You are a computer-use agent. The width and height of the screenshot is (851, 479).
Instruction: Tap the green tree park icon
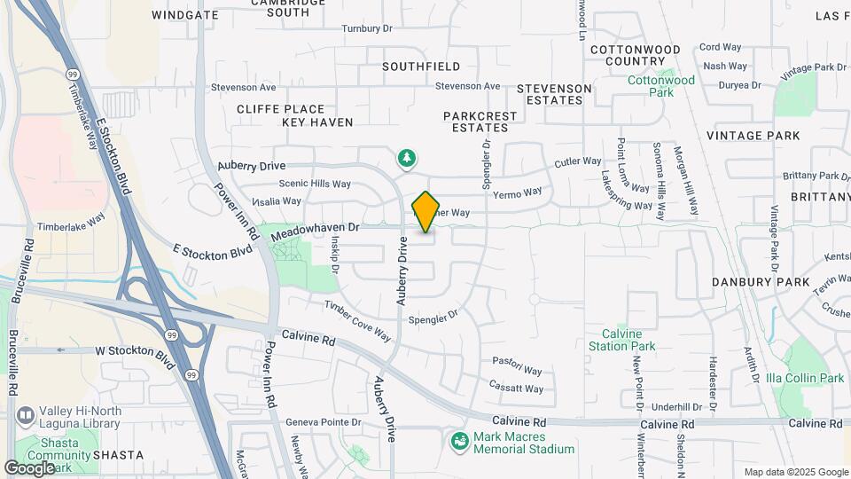click(406, 158)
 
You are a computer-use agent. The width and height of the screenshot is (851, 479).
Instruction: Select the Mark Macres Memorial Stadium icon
click(459, 440)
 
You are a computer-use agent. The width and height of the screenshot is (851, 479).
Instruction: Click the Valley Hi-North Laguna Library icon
click(26, 414)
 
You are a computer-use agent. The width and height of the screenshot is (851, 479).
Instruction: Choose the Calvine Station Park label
click(622, 340)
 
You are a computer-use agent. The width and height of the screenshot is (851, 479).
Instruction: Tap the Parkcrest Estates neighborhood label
click(476, 122)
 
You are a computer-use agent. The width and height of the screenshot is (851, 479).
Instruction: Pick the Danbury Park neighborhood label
click(761, 282)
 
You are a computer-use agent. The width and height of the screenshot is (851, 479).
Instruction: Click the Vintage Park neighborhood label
click(753, 136)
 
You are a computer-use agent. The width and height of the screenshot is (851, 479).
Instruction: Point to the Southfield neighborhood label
click(421, 67)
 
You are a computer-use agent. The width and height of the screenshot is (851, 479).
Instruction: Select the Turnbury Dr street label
click(367, 28)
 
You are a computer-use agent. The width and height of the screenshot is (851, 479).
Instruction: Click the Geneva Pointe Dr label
click(326, 422)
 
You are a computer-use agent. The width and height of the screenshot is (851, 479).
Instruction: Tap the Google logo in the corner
click(30, 467)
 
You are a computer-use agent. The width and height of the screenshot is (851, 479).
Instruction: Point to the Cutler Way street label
click(578, 162)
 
